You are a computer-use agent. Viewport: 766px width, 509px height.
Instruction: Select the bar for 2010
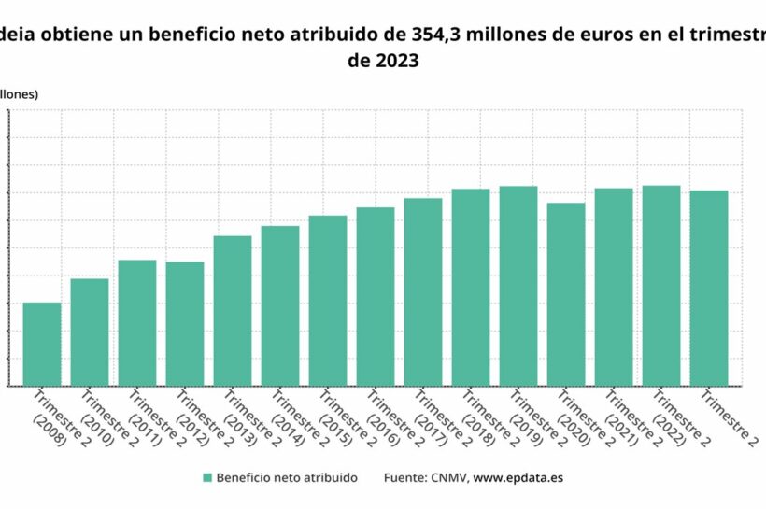pyautogui.click(x=90, y=332)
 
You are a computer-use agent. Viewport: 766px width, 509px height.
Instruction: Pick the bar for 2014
pyautogui.click(x=280, y=305)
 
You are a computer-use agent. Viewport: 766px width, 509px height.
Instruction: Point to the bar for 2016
pyautogui.click(x=376, y=296)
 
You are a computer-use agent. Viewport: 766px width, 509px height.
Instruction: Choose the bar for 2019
pyautogui.click(x=518, y=286)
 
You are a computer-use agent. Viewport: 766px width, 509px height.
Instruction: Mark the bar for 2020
pyautogui.click(x=566, y=294)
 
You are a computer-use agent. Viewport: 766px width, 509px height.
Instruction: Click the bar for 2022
pyautogui.click(x=661, y=285)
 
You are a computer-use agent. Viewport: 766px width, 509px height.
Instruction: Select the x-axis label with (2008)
pyautogui.click(x=49, y=420)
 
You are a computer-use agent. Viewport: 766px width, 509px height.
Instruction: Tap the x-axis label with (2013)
pyautogui.click(x=240, y=420)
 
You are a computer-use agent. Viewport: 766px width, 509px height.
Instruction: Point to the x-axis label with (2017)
pyautogui.click(x=431, y=420)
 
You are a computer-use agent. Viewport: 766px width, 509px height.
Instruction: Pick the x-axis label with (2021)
pyautogui.click(x=621, y=420)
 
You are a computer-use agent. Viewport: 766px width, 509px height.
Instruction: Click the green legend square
pyautogui.click(x=206, y=477)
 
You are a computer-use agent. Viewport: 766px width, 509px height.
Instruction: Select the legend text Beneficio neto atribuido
pyautogui.click(x=286, y=477)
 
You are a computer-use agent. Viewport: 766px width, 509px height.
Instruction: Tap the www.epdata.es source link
pyautogui.click(x=518, y=477)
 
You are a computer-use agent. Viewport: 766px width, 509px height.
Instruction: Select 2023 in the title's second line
pyautogui.click(x=383, y=62)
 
